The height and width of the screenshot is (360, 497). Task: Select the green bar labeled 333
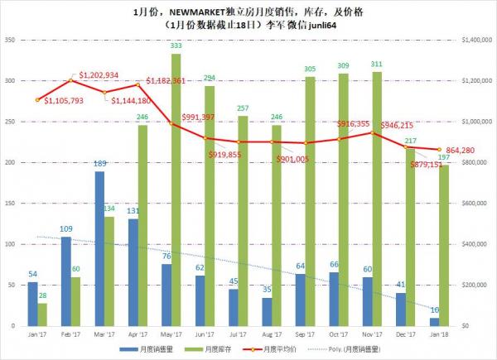176,190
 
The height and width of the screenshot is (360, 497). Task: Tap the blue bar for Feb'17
66,281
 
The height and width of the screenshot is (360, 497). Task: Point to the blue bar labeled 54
32,304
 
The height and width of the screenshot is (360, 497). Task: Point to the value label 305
310,69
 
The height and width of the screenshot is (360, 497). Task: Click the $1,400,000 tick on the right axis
479,40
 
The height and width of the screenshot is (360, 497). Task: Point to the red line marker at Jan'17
38,100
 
